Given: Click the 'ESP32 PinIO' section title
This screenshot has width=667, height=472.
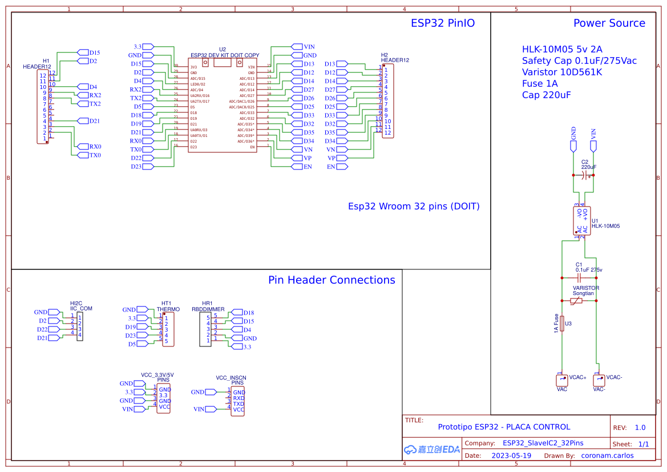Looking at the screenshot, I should point(443,23).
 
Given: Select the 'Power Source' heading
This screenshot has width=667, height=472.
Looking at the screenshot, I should point(609,23).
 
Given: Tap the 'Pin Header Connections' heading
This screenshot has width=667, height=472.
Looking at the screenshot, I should point(332,280).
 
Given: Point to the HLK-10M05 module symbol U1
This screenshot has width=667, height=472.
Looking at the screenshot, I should point(582,221).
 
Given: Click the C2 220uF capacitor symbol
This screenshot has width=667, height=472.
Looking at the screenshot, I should point(583,175).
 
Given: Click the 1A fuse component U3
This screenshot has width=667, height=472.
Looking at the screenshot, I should point(562,324).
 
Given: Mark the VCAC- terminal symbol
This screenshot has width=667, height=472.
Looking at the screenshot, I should point(599,380).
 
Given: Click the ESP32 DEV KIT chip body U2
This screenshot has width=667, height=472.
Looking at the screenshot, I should point(223,106).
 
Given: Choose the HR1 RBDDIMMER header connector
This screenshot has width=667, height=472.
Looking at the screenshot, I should point(205,329).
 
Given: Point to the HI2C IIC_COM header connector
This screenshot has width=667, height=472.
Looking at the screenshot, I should point(79,326).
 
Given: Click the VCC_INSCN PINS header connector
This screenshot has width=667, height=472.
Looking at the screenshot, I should point(238,401).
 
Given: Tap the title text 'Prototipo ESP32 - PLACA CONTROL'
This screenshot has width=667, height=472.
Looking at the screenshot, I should point(503,427).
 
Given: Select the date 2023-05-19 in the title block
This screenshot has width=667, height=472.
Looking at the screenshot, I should point(511,455).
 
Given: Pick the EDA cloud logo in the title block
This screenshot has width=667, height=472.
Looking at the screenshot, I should point(431,449).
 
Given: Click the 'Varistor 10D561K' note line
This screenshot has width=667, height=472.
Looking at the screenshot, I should point(561,72).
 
